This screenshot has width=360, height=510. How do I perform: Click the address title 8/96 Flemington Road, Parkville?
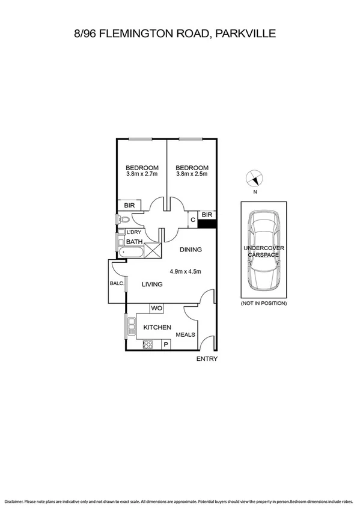[x=174, y=34]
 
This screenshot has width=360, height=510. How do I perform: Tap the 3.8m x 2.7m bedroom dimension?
[x=142, y=174]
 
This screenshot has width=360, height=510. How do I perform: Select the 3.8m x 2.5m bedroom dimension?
[x=192, y=174]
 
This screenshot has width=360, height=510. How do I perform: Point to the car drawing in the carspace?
[x=264, y=250]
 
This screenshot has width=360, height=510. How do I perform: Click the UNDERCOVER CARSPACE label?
[x=264, y=251]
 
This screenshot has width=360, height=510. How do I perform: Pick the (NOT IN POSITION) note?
[x=264, y=303]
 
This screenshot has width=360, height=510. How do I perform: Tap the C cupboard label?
[x=192, y=220]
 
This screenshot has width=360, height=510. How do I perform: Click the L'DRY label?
[x=133, y=232]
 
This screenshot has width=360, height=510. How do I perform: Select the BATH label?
[x=134, y=242]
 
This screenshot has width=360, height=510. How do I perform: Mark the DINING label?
[x=190, y=250]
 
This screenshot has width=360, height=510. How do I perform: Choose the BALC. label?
[x=117, y=283]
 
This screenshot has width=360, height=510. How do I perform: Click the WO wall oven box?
[x=157, y=308]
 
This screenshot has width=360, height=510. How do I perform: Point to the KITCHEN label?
[x=157, y=327]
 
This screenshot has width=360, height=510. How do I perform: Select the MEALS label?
[x=185, y=334]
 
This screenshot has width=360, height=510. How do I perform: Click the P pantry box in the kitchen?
[x=165, y=345]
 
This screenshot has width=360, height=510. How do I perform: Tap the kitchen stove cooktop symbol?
[x=148, y=345]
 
